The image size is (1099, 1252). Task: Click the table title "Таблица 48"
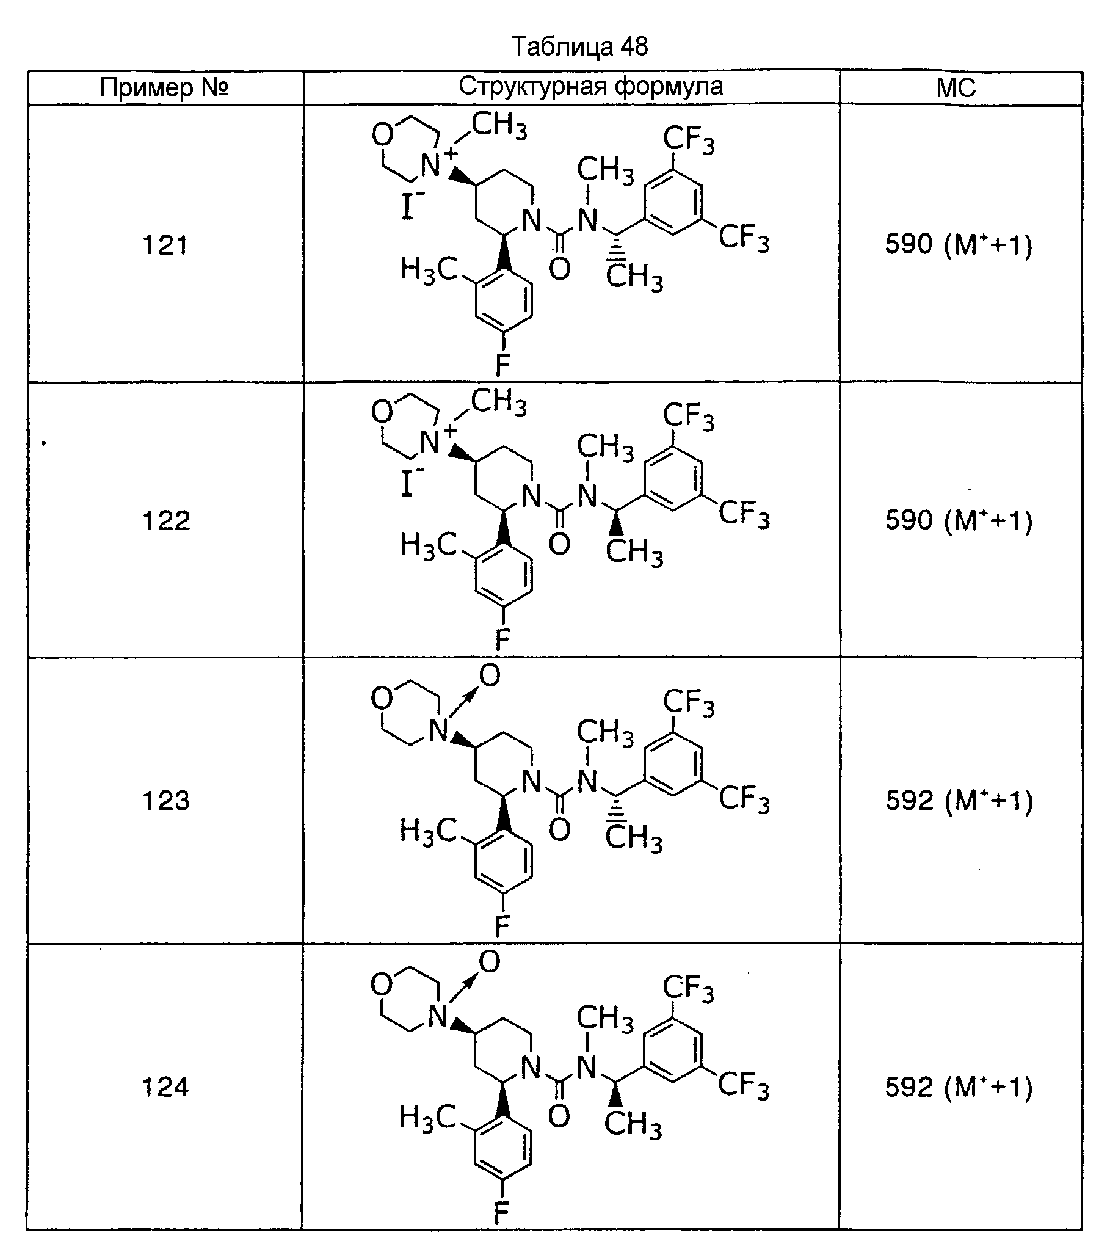point(579,46)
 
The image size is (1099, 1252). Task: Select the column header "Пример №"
point(164,88)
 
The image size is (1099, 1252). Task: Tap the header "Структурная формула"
point(591,86)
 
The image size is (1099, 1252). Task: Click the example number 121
point(165,245)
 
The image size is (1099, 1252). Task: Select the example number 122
point(165,520)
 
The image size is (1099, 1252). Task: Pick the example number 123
point(165,801)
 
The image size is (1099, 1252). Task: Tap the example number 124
point(165,1087)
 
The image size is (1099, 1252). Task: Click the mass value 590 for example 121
point(909,244)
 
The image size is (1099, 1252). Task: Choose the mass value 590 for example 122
point(909,520)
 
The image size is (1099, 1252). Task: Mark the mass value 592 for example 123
point(909,801)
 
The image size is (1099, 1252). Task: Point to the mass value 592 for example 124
point(909,1087)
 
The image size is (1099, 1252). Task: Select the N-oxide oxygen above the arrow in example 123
point(489,675)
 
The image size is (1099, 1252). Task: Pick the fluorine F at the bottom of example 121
point(502,366)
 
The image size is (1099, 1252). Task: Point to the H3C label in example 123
point(429,831)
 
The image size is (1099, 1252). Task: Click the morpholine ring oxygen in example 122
point(382,412)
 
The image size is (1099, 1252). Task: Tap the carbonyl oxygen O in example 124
point(559,1116)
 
